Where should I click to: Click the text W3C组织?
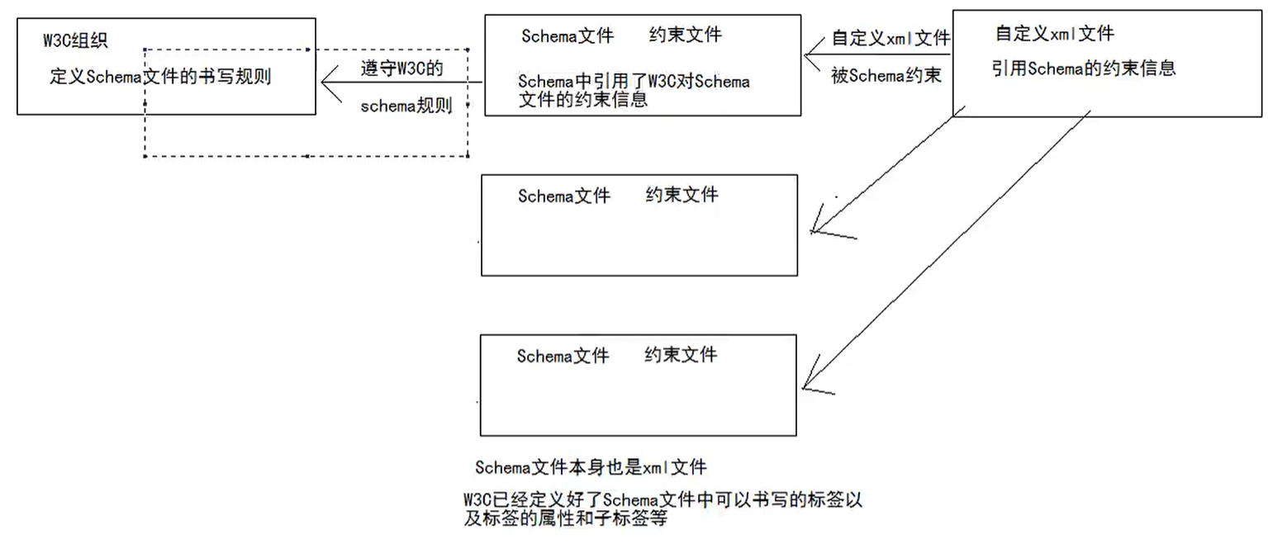tap(75, 40)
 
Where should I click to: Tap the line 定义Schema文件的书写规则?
tap(160, 78)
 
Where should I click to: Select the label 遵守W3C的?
tap(402, 69)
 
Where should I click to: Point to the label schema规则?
tap(407, 106)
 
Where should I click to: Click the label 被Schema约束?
tap(886, 77)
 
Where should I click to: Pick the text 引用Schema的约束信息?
tap(1083, 69)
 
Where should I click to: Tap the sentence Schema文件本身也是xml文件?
tap(591, 467)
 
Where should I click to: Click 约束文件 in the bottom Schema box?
tap(681, 355)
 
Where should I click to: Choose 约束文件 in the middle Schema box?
tap(681, 195)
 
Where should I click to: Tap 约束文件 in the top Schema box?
tap(686, 35)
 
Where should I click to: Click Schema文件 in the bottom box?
tap(563, 356)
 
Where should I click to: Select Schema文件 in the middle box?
tap(564, 196)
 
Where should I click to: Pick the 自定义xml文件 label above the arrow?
tap(890, 38)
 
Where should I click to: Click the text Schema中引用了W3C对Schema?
tap(634, 82)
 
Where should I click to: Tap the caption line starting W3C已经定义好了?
tap(663, 500)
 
